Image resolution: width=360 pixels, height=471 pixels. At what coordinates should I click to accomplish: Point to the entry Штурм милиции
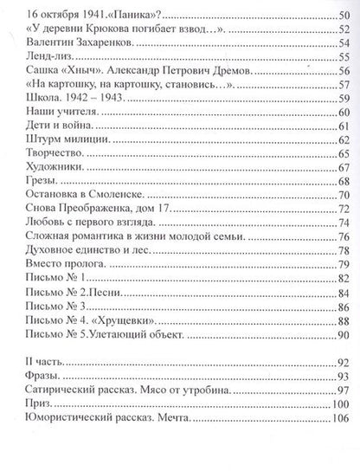[67, 139]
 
